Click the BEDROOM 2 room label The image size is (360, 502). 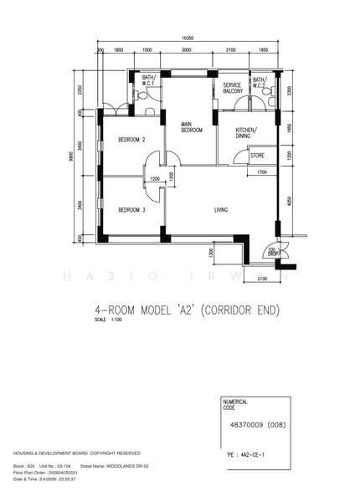click(131, 139)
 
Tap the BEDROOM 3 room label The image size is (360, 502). click(131, 210)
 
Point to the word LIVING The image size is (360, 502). click(221, 210)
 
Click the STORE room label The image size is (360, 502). click(257, 156)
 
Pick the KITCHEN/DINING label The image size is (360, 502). click(246, 134)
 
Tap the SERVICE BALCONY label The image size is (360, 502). click(232, 90)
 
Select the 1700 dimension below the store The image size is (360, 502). click(261, 173)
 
